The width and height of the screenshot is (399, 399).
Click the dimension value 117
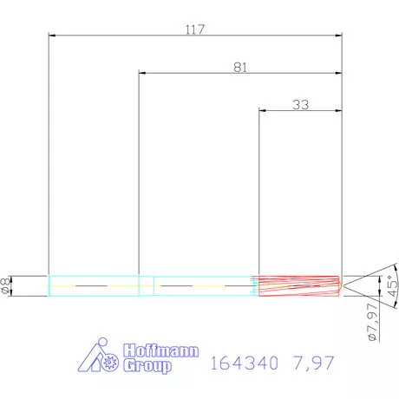click(194, 29)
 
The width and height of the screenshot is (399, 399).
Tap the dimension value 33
click(301, 104)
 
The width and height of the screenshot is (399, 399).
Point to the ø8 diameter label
click(7, 285)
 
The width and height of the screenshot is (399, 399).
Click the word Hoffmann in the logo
click(163, 351)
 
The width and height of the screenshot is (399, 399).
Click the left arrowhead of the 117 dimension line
click(52, 36)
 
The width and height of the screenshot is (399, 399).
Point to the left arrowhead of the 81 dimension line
click(142, 73)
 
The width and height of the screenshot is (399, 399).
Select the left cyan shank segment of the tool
click(93, 285)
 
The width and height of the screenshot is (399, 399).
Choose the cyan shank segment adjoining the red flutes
click(204, 285)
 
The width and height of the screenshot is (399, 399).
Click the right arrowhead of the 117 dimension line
click(339, 36)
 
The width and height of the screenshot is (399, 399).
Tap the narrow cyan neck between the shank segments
click(147, 285)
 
